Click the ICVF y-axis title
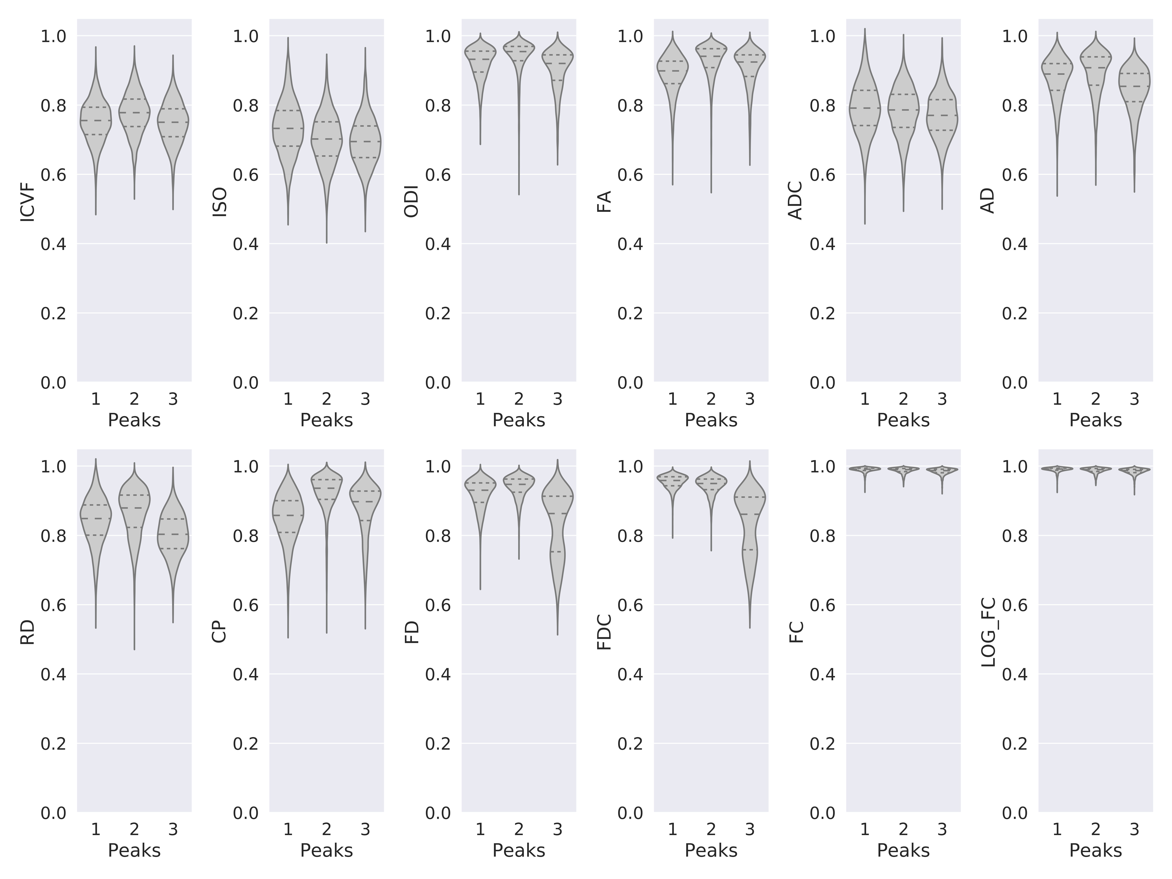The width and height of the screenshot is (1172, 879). coord(28,202)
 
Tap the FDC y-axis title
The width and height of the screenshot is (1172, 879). coord(604,632)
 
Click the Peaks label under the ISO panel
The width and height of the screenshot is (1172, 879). coord(326,420)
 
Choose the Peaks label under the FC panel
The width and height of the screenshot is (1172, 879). coord(903,850)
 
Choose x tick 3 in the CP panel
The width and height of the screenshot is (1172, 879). coord(365,829)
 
